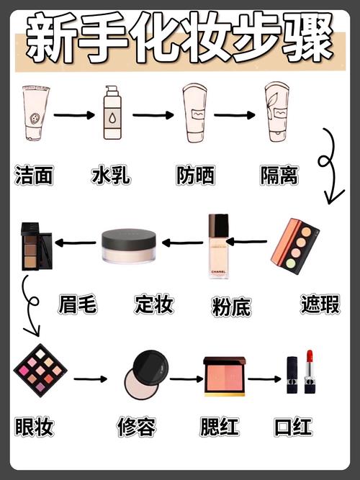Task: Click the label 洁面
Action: pos(34,175)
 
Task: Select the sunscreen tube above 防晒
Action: pos(194,113)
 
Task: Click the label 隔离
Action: pos(278,175)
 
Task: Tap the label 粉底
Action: pos(231,307)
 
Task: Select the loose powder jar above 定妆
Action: pos(129,245)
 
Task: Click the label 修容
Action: pos(136,427)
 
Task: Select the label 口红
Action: pos(293,426)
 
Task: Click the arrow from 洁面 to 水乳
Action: pos(74,114)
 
